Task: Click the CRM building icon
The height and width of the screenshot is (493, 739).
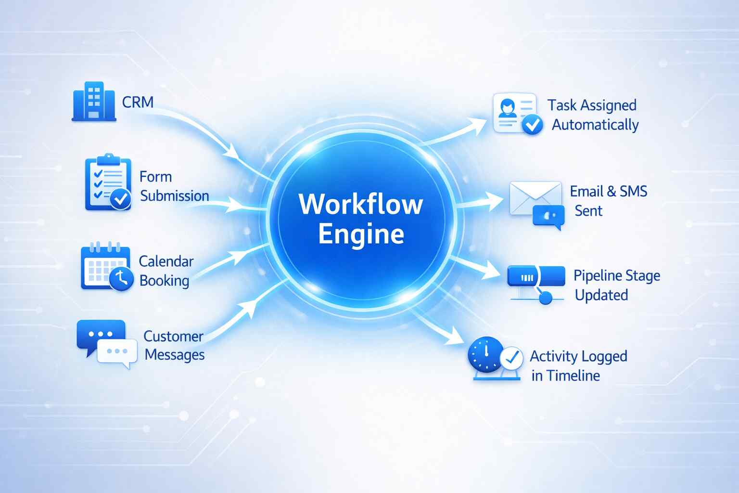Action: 94,101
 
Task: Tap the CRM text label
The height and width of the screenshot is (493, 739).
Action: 138,102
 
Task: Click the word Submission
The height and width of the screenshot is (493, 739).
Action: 175,196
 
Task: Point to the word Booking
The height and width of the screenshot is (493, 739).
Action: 164,281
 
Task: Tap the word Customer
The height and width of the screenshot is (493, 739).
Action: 173,336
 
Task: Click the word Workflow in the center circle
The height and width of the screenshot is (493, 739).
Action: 361,204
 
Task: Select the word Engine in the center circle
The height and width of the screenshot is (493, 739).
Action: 361,234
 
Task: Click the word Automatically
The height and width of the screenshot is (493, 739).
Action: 595,125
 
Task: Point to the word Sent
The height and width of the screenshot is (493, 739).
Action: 588,211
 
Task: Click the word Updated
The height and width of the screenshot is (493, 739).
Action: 601,295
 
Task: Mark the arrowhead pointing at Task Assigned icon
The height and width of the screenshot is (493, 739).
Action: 478,124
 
